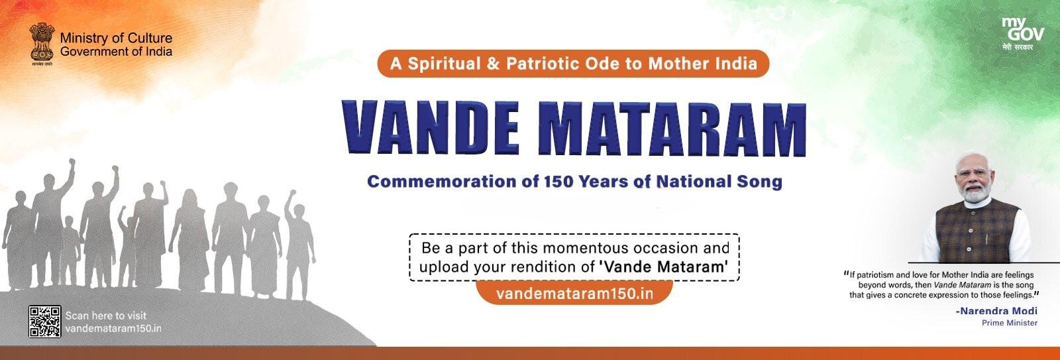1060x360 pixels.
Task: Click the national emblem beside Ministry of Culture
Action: tap(42, 44)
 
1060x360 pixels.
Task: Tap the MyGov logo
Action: tap(1023, 34)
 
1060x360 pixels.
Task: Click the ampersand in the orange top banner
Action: tap(493, 64)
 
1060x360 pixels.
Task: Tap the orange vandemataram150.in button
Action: tap(574, 293)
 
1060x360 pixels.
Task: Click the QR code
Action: tap(44, 321)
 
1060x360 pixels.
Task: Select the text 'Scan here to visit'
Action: tap(106, 316)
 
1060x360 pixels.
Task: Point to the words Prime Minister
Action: tap(1010, 323)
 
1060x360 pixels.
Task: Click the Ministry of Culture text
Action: tap(117, 38)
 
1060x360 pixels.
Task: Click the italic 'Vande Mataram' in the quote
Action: tap(962, 284)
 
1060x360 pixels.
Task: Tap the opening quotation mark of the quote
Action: tap(846, 273)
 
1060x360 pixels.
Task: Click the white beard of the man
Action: tap(978, 194)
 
